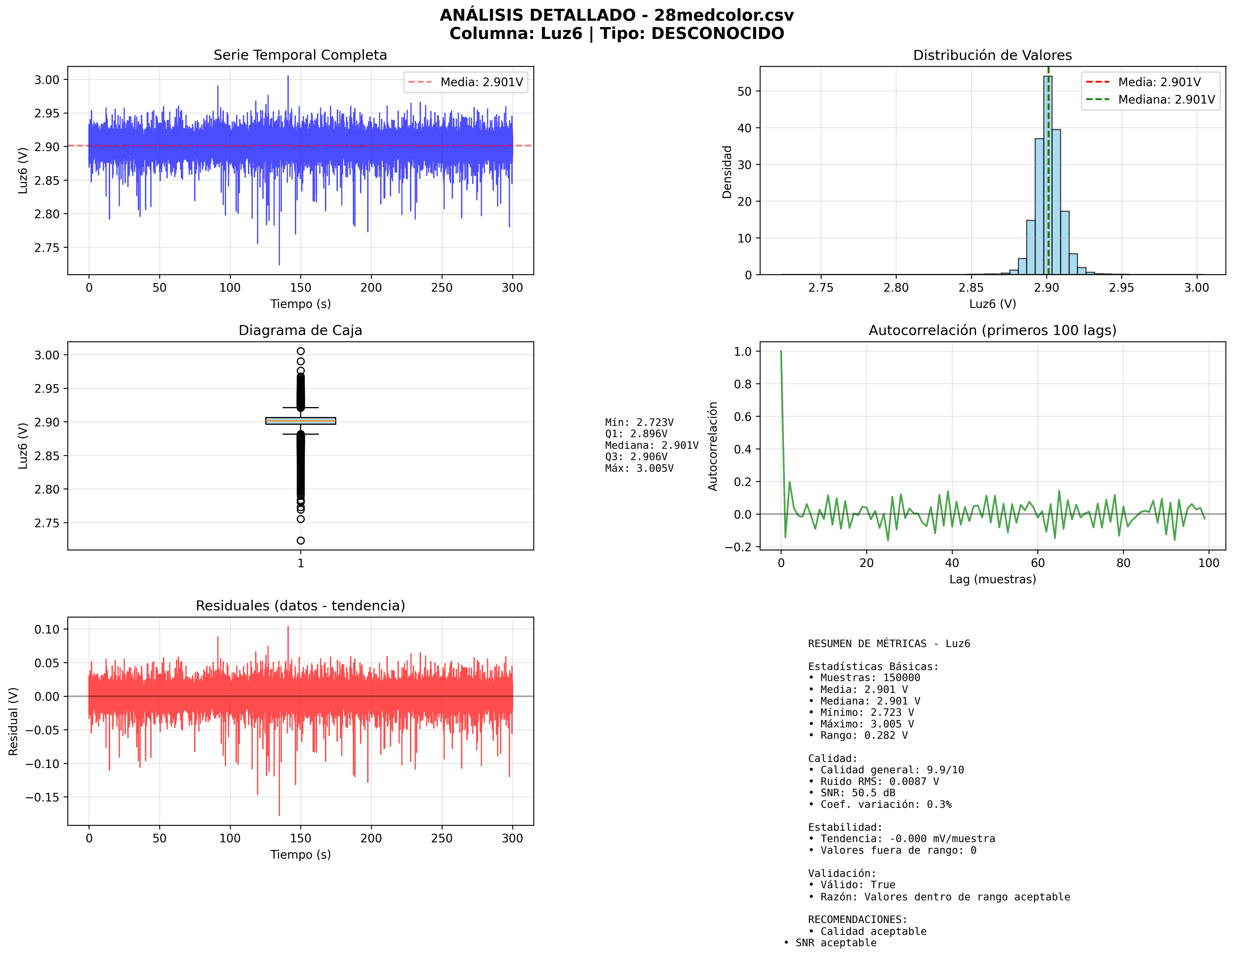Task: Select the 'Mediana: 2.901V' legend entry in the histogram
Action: pyautogui.click(x=1166, y=100)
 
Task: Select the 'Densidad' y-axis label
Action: pyautogui.click(x=727, y=172)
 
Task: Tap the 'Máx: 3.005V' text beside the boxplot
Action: pyautogui.click(x=639, y=468)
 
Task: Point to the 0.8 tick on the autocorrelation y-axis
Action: pyautogui.click(x=743, y=384)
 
